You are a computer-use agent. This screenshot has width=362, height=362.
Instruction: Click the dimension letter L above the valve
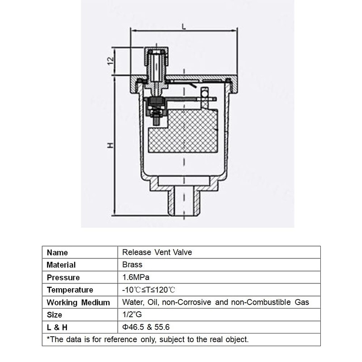coord(184,27)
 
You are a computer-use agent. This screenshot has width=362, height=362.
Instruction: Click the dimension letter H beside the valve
coord(110,146)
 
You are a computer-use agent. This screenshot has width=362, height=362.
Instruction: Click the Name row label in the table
coord(57,252)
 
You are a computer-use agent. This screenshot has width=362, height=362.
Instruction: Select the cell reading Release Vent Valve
coord(157,252)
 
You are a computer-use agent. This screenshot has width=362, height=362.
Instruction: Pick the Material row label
coord(62,265)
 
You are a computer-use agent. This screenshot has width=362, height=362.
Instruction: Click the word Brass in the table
coord(132,264)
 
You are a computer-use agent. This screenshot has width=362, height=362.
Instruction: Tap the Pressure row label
coord(63,277)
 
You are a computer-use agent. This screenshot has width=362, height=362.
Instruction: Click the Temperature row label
coord(70,290)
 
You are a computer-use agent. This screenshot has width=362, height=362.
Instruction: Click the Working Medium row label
coord(78,302)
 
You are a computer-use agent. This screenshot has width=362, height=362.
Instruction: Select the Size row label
coord(55,314)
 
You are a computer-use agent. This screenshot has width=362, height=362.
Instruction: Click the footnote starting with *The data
coord(148,339)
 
